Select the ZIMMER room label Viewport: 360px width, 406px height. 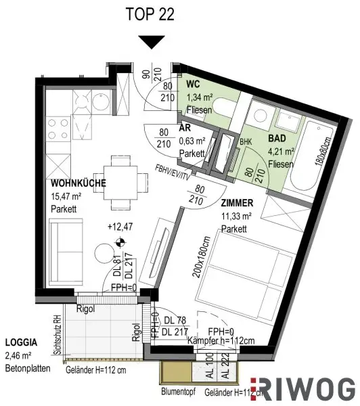237,202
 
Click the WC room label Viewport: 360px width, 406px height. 193,86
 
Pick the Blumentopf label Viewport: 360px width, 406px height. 179,392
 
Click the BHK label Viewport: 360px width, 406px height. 244,142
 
